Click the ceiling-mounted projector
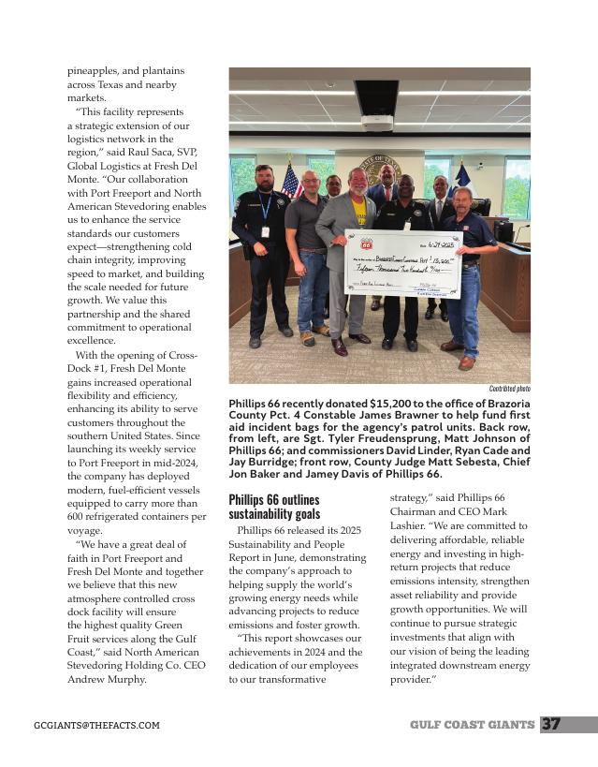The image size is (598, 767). [376, 120]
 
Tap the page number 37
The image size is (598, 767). [552, 724]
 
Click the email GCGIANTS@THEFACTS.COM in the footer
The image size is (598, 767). [96, 726]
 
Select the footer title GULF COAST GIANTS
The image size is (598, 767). [472, 725]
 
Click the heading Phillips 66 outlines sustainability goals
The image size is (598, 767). [274, 507]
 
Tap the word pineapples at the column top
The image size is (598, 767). [99, 70]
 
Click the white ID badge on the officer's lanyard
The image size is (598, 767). [265, 231]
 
